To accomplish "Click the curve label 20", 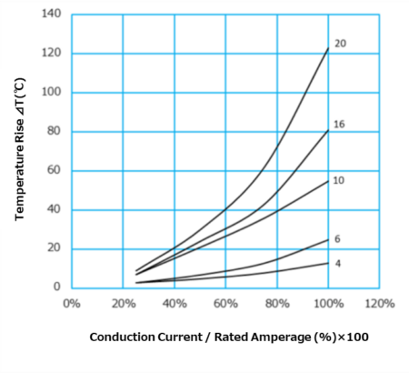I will point(339,44).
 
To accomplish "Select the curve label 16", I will point(339,122).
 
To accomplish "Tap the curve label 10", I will point(338,180).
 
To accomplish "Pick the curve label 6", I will point(336,238).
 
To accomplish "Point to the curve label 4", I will point(336,263).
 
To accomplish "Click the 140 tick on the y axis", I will point(51,14).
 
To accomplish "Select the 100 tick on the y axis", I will point(51,92).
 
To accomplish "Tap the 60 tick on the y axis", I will point(54,170).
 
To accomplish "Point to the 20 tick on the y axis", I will point(54,248).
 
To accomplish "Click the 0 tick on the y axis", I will point(56,287).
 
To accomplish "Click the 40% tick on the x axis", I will point(175,303).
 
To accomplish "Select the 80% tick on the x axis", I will point(277,303).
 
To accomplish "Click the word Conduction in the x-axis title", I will point(123,338).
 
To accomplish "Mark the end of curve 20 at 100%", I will point(328,47).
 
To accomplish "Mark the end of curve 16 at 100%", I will point(328,129).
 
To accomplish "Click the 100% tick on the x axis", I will point(328,303).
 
